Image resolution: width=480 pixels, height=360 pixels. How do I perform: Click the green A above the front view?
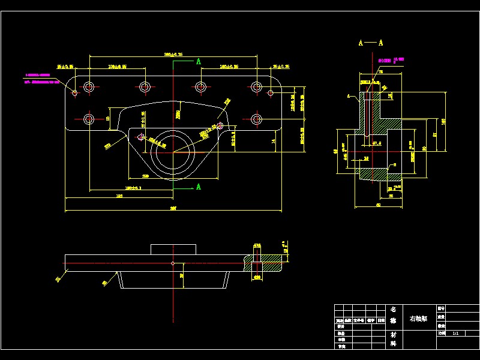(x=198, y=61)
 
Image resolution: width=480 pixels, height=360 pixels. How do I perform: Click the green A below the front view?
(x=198, y=187)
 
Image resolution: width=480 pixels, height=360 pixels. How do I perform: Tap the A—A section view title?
(x=371, y=43)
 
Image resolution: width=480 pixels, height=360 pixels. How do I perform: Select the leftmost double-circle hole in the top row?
(x=89, y=88)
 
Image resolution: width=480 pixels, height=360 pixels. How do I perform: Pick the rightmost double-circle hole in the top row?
(x=257, y=88)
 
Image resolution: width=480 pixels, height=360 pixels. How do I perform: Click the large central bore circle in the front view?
(x=173, y=152)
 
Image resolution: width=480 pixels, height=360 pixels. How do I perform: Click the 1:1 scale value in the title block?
(x=456, y=331)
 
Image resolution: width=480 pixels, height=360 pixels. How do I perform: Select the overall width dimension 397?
(x=173, y=208)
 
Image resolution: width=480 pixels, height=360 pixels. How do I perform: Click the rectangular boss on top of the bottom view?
(x=173, y=249)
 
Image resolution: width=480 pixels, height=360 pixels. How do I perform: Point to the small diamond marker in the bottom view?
(x=173, y=263)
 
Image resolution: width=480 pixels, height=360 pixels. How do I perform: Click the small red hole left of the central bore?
(x=141, y=137)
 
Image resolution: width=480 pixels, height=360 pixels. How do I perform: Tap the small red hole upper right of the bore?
(x=220, y=125)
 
